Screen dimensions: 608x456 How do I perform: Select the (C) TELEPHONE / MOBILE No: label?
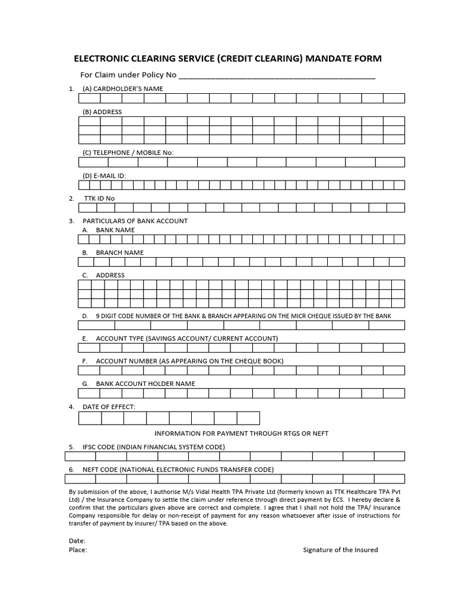click(128, 153)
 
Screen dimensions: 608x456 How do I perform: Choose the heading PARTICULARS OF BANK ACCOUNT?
click(135, 221)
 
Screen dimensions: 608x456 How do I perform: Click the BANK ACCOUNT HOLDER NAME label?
click(145, 384)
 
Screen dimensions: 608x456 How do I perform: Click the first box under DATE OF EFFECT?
click(90, 418)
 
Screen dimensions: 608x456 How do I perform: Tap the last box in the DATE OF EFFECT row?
click(248, 418)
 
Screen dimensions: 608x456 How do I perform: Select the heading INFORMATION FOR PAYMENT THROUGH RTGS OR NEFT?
click(241, 433)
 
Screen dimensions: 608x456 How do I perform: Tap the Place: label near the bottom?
click(78, 550)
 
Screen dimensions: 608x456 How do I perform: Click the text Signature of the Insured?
click(340, 550)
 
